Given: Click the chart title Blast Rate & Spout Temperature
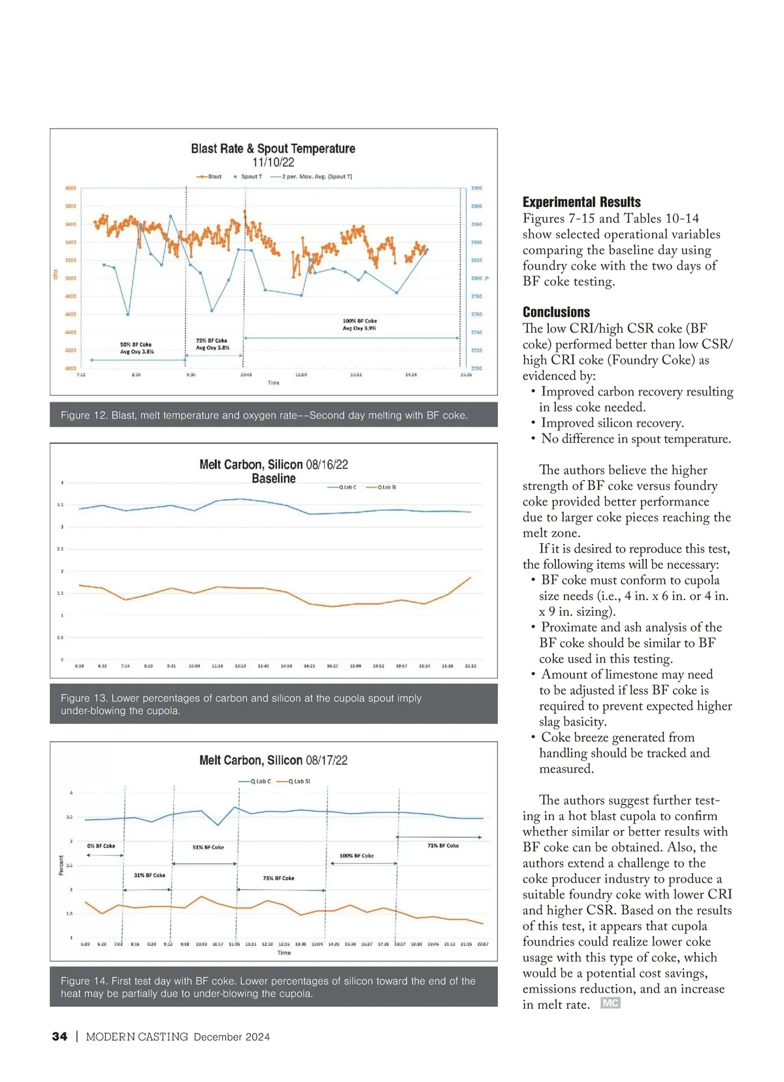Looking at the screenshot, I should pos(273,148).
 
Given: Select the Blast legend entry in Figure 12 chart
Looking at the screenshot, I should pos(210,176).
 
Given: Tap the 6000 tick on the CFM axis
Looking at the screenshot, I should pos(71,188).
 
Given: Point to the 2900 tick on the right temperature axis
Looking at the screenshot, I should pos(476,188).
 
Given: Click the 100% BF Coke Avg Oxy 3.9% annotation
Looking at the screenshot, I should pos(359,325).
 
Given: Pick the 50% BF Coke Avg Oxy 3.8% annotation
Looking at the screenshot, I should pos(137,348).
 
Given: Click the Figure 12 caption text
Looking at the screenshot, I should pos(264,415).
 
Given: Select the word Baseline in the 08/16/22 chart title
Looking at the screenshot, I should pos(273,479).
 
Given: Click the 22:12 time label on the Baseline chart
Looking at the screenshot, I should pos(470,666).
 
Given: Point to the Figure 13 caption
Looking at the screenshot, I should pos(240,704).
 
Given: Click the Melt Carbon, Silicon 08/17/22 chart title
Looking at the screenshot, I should pos(273,760).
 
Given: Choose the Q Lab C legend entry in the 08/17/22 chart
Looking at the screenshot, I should pos(256,781).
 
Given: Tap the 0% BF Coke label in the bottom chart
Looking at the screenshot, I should pos(101,846).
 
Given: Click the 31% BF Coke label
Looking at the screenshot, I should pos(150,875).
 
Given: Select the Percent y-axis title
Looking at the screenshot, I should pos(61,865).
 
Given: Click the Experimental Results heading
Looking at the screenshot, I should pos(581,202).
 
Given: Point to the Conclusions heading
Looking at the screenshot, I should pos(556,312).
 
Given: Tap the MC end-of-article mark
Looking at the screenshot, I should pos(610,1004).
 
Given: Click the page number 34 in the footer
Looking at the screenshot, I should pos(59,1037).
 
